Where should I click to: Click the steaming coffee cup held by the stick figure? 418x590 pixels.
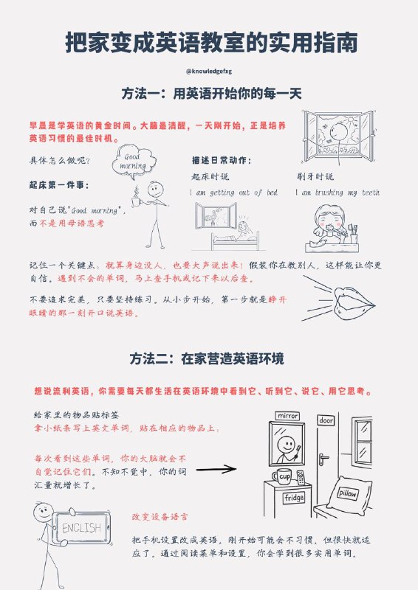137,199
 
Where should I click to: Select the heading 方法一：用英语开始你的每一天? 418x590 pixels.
208,94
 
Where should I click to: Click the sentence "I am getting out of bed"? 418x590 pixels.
233,192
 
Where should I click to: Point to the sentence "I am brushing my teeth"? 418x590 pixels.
338,192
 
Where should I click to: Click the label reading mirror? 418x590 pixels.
287,416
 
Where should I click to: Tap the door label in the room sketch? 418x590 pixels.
326,420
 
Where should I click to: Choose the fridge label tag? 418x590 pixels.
293,497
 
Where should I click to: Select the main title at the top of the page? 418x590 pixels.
209,43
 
